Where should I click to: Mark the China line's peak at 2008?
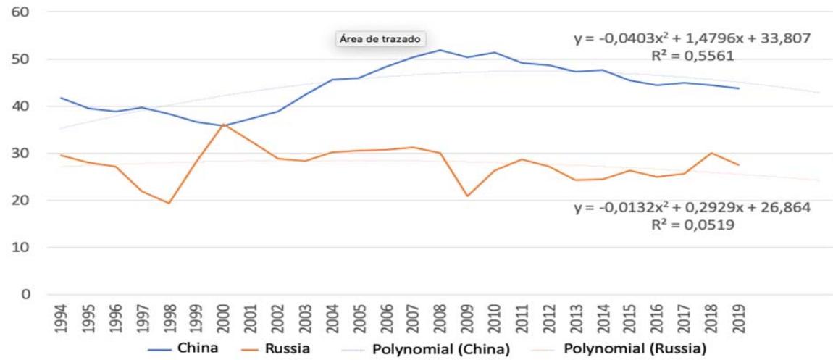[440, 50]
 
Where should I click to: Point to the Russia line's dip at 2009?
[467, 196]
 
